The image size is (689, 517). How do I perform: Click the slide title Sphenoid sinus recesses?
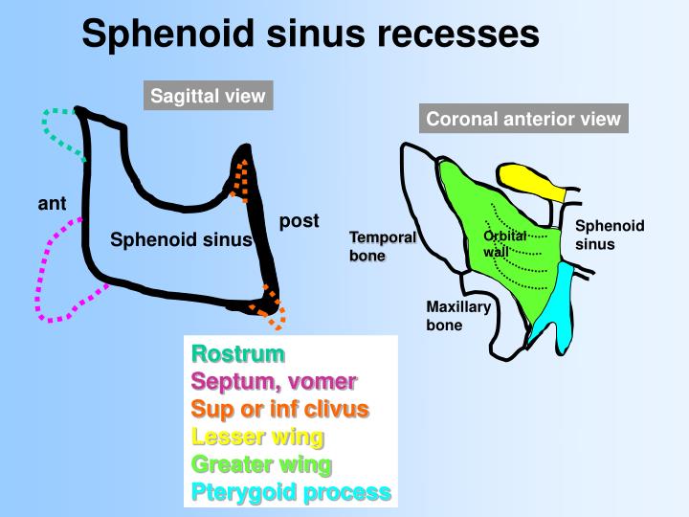pyautogui.click(x=310, y=34)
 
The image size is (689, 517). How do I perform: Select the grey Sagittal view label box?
pyautogui.click(x=208, y=97)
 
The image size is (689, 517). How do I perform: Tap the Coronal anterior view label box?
pyautogui.click(x=523, y=119)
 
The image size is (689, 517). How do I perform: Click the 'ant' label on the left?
pyautogui.click(x=52, y=203)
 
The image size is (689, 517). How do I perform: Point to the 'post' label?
pyautogui.click(x=299, y=221)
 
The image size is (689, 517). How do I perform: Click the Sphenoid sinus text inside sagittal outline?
pyautogui.click(x=180, y=239)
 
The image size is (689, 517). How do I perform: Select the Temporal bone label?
pyautogui.click(x=382, y=246)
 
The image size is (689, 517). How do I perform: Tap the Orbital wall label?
pyautogui.click(x=504, y=244)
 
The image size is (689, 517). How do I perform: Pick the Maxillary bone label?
pyautogui.click(x=458, y=316)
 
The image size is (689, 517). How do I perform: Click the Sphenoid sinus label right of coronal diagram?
pyautogui.click(x=610, y=235)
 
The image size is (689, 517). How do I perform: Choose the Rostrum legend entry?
pyautogui.click(x=238, y=354)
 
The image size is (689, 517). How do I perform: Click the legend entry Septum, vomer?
pyautogui.click(x=274, y=381)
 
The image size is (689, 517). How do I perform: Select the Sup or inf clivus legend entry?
pyautogui.click(x=280, y=409)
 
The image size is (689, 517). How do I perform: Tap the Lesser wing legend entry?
pyautogui.click(x=257, y=437)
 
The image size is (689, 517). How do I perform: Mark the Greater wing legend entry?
pyautogui.click(x=261, y=464)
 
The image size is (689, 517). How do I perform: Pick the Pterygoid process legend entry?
pyautogui.click(x=291, y=492)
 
